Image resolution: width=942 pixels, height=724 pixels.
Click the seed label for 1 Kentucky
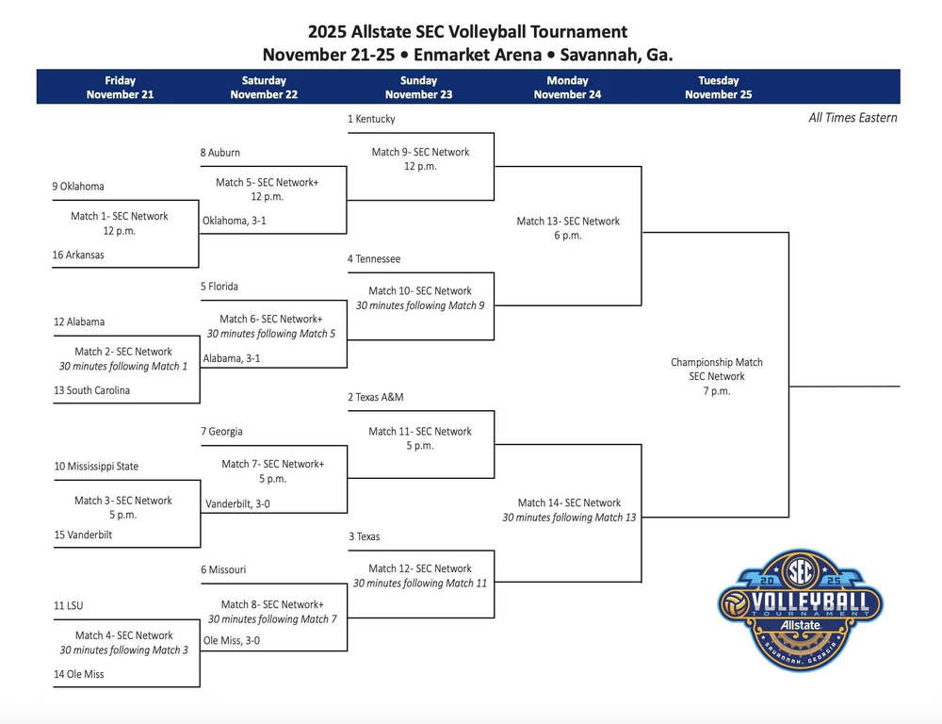[371, 120]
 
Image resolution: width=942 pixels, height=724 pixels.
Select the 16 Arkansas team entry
[78, 255]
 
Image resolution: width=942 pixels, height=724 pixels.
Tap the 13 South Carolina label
[91, 390]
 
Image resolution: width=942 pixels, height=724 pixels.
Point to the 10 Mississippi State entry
[96, 467]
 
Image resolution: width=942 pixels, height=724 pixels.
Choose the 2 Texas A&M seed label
[376, 398]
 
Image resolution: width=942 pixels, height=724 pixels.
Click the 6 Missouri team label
[223, 570]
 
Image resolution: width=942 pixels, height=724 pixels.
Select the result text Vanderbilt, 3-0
[237, 504]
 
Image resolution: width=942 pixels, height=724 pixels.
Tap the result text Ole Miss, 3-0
[232, 641]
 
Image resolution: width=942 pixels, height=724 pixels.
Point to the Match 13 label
[568, 222]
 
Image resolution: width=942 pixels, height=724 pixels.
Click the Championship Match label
[716, 362]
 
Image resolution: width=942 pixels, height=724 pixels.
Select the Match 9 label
[420, 152]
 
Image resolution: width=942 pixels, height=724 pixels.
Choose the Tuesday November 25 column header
[718, 88]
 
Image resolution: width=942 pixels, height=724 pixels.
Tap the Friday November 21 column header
[120, 88]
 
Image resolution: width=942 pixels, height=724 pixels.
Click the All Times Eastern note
[853, 118]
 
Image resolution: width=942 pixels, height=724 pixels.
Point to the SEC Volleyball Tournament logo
[801, 608]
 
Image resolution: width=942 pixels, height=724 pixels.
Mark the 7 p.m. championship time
[716, 391]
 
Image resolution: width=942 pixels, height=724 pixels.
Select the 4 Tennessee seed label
[374, 259]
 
